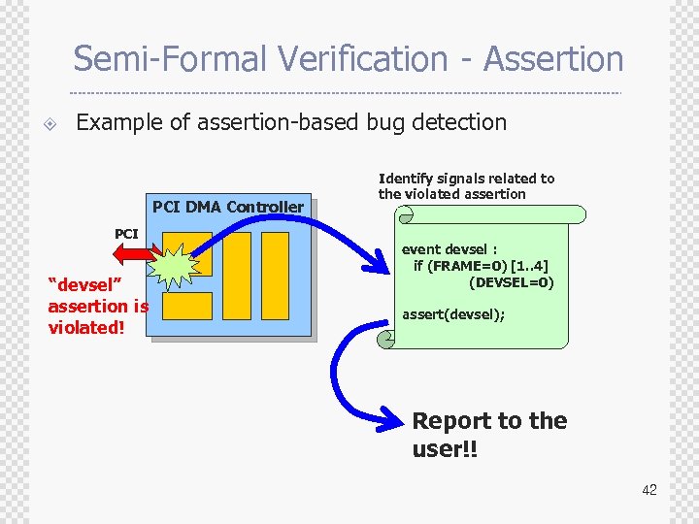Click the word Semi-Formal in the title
pyautogui.click(x=170, y=59)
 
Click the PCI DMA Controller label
pyautogui.click(x=227, y=207)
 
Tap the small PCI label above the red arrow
pyautogui.click(x=126, y=234)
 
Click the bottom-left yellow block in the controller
pyautogui.click(x=186, y=307)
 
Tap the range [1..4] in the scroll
pyautogui.click(x=532, y=266)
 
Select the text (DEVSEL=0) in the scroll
pyautogui.click(x=511, y=282)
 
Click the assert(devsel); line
pyautogui.click(x=453, y=314)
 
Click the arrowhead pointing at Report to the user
pyautogui.click(x=393, y=418)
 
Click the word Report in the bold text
pyautogui.click(x=450, y=421)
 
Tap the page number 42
pyautogui.click(x=649, y=490)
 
